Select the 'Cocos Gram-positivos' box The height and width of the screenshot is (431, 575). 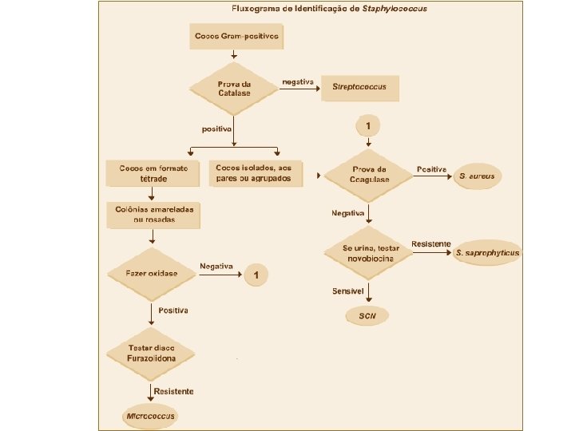pyautogui.click(x=236, y=36)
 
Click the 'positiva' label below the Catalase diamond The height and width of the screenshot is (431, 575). pyautogui.click(x=216, y=129)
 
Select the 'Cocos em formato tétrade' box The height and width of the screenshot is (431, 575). pyautogui.click(x=154, y=174)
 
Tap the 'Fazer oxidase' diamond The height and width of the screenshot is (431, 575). pyautogui.click(x=152, y=274)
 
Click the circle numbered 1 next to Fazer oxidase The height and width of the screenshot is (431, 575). pyautogui.click(x=256, y=275)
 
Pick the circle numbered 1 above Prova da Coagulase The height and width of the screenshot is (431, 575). pyautogui.click(x=367, y=127)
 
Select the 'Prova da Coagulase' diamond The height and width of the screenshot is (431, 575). pyautogui.click(x=369, y=174)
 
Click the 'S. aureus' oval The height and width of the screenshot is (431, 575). pyautogui.click(x=478, y=176)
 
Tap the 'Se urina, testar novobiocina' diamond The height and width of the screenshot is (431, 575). pyautogui.click(x=368, y=253)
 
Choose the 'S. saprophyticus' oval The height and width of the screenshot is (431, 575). pyautogui.click(x=487, y=253)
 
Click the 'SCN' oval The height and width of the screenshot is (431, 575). pyautogui.click(x=367, y=317)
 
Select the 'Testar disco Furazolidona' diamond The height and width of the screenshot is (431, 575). pyautogui.click(x=152, y=353)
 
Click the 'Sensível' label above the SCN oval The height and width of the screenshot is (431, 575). pyautogui.click(x=349, y=292)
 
